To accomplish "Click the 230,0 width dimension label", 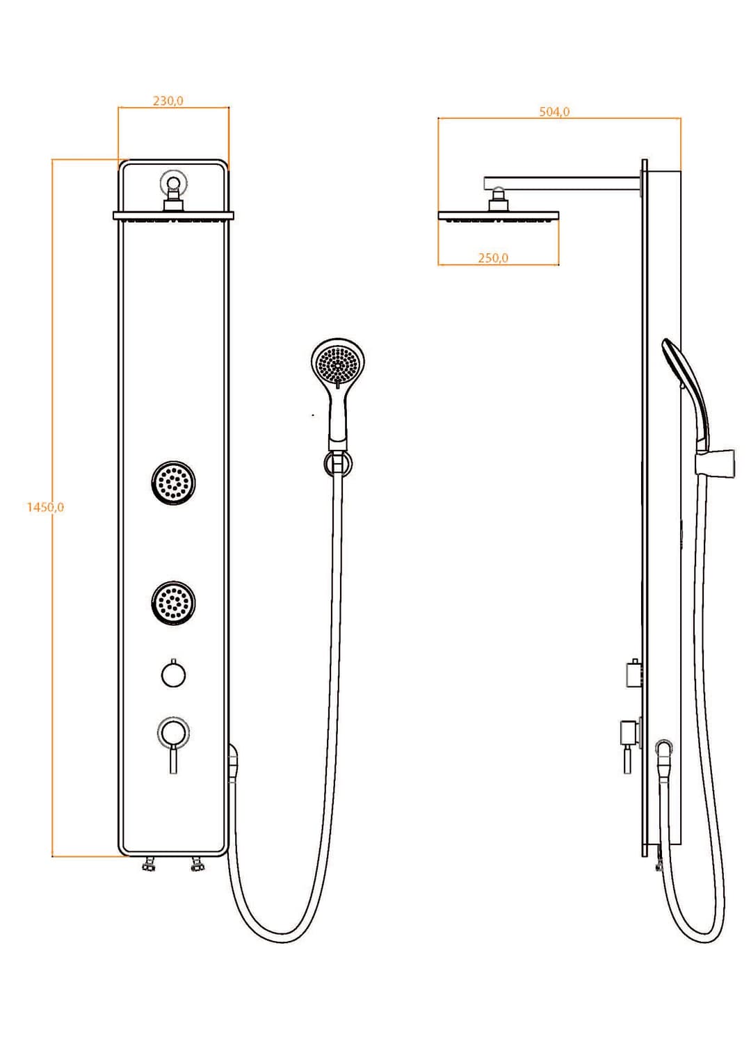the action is (x=168, y=101).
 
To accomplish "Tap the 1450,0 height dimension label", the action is (x=45, y=507).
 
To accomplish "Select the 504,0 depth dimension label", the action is (x=555, y=112).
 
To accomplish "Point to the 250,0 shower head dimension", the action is (x=493, y=258).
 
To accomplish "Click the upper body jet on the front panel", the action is (x=174, y=483).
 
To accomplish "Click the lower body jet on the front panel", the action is (x=174, y=602).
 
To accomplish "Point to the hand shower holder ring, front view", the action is (x=337, y=464).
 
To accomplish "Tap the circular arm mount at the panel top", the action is (x=174, y=182).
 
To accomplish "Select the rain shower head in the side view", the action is (x=498, y=216).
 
